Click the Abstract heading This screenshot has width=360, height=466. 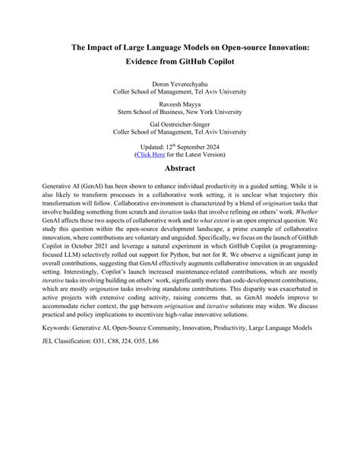(x=180, y=168)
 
